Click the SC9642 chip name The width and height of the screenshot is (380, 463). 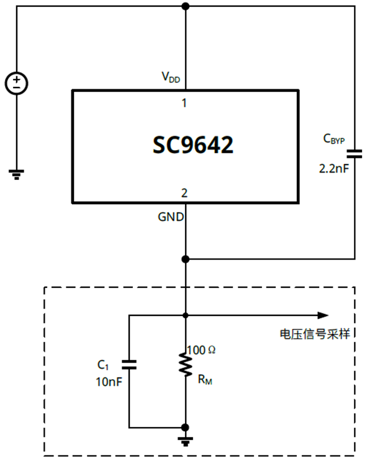point(193,145)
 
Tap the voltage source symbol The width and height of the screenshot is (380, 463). point(16,83)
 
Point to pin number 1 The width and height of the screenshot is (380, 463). point(184,103)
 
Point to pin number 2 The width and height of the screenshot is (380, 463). point(184,193)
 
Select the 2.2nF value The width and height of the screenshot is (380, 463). point(333,167)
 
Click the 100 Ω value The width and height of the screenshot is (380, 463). point(201,350)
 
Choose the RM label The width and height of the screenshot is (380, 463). point(205,379)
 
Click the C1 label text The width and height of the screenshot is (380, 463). point(104,365)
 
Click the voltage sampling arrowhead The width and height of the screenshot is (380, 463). point(322,315)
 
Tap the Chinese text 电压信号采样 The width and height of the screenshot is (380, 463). point(316,333)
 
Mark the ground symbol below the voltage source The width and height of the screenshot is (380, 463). point(16,174)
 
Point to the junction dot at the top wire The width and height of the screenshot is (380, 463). point(185,6)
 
